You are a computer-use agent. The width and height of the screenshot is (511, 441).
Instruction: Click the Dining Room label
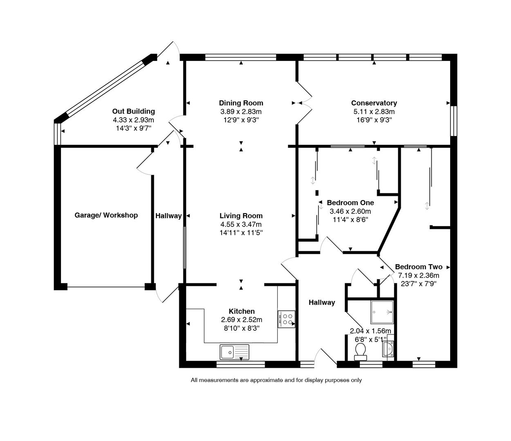241,103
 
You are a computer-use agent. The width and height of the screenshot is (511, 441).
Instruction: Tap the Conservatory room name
374,103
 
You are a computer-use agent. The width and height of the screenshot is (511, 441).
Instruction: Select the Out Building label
133,111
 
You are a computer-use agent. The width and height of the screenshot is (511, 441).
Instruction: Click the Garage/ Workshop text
106,215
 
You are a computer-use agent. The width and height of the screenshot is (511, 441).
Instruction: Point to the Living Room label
241,216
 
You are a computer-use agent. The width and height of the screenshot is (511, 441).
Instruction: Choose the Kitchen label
241,311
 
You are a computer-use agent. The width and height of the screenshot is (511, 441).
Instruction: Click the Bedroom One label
350,203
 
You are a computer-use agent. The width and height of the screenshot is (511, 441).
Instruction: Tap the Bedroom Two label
418,267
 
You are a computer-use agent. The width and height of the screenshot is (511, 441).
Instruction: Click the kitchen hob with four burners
287,319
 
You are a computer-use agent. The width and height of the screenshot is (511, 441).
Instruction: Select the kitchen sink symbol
234,352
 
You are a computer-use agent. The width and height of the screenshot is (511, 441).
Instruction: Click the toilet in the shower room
360,351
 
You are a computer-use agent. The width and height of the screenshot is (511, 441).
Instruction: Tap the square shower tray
381,312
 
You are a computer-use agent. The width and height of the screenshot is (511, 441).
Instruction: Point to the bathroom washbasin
388,349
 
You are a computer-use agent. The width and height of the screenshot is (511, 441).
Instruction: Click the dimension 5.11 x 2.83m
374,111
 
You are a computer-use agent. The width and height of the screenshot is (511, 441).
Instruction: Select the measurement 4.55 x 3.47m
241,224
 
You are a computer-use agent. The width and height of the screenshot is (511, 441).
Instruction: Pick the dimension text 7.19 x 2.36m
418,275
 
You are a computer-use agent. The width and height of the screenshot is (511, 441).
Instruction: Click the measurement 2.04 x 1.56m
370,331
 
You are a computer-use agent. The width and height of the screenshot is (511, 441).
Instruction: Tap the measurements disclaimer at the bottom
276,380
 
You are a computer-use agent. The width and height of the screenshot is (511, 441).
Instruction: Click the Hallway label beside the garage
168,216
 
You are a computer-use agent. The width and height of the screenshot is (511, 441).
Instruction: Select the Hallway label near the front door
322,302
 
